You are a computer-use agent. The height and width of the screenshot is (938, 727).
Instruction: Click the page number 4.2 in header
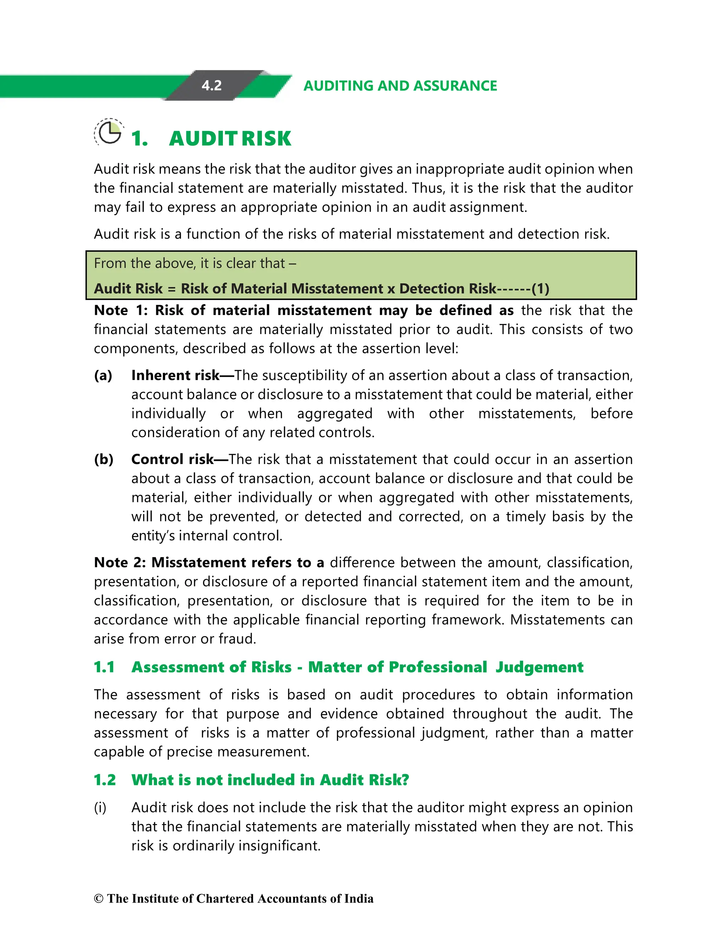211,86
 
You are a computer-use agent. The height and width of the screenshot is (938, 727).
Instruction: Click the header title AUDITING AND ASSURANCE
400,86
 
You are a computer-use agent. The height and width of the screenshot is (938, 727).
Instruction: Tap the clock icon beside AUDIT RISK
109,132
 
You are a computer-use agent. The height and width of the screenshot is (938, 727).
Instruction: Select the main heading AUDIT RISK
230,139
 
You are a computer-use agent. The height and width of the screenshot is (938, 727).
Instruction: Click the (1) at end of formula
540,289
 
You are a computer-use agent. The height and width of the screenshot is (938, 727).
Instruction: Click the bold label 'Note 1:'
121,310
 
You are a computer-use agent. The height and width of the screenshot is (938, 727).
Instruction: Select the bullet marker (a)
103,375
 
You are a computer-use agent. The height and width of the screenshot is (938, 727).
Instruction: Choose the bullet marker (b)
104,459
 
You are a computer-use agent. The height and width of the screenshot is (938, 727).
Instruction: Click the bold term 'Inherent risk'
175,375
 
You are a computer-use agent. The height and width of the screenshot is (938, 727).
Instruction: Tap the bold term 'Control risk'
172,459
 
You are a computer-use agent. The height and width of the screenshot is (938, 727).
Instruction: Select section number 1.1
104,667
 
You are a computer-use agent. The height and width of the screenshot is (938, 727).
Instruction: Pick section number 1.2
105,780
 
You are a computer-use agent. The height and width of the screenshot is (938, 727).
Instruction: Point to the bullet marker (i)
100,807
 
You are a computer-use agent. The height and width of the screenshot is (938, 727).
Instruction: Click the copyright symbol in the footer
99,899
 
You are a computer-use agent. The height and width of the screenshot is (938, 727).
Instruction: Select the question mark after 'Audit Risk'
404,780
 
